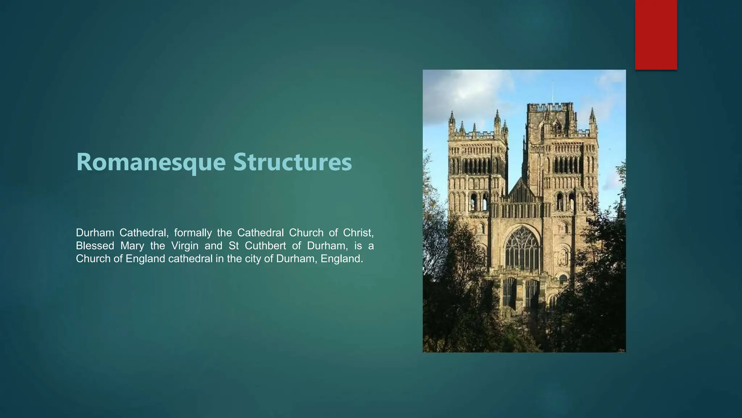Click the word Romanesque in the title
(151, 162)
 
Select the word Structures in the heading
(292, 162)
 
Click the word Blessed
(95, 246)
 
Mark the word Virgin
(185, 246)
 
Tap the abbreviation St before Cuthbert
(234, 246)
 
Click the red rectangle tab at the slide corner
(656, 35)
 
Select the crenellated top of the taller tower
(550, 107)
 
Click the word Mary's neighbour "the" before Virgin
(158, 246)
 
